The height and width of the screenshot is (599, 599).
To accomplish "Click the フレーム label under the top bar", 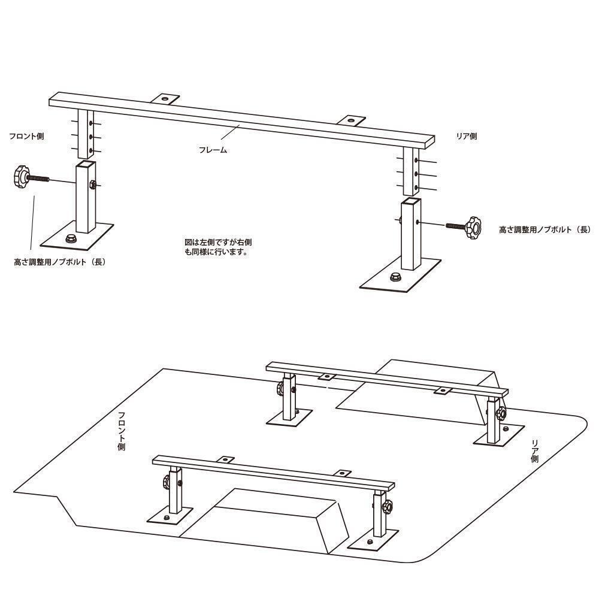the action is [x=213, y=150].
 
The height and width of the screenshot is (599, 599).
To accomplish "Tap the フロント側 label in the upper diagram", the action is [x=27, y=137].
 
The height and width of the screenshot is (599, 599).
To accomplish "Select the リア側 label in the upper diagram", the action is [x=467, y=137].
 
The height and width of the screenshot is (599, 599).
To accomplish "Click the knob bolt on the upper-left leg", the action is [x=31, y=177].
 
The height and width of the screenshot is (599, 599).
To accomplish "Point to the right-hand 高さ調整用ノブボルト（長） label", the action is [x=545, y=230].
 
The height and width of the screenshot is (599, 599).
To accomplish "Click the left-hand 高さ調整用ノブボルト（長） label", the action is [x=60, y=262].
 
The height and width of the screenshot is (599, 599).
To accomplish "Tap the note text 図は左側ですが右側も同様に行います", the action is [x=218, y=247].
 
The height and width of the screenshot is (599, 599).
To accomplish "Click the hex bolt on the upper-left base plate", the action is [x=71, y=238].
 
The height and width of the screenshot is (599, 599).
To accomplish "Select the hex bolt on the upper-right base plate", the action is [x=395, y=277].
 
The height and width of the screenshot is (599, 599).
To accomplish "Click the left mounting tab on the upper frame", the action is [x=165, y=99].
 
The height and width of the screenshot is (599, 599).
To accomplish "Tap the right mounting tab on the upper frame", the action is [x=350, y=121].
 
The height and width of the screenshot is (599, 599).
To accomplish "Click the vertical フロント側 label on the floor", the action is [x=122, y=431].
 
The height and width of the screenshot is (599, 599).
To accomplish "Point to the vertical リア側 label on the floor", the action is [x=535, y=451].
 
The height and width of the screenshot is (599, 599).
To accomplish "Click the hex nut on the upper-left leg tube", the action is [x=92, y=185].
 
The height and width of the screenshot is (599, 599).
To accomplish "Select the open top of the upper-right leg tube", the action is [x=412, y=201].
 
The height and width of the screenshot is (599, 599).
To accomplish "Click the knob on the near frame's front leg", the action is [x=166, y=482].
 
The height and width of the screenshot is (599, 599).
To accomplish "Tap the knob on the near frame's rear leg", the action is [x=387, y=506].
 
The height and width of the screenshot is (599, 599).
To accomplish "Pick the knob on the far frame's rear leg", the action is [x=501, y=413].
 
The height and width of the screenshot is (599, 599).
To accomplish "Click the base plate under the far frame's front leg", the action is [x=289, y=418].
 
